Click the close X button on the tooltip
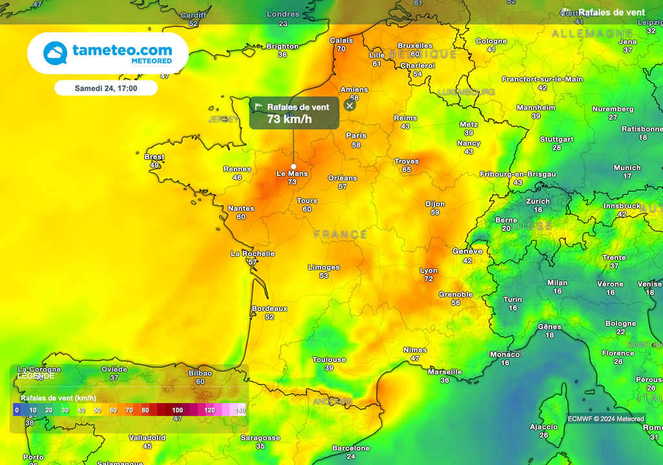point(350,105)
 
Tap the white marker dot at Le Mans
point(293,166)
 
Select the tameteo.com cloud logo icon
point(55,53)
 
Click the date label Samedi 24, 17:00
point(106,88)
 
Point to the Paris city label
point(356,136)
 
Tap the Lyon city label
point(429,270)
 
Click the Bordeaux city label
point(269,308)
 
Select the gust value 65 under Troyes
point(406,170)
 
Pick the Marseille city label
point(445,372)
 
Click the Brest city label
point(154,157)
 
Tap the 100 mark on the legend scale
point(177,410)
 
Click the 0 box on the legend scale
point(17,410)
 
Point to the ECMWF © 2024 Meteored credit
point(606,418)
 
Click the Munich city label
point(627,168)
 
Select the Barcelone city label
point(351,448)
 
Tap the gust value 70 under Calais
point(341,49)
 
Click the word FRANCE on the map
point(341,234)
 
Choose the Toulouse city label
point(329,360)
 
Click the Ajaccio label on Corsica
point(543,427)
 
